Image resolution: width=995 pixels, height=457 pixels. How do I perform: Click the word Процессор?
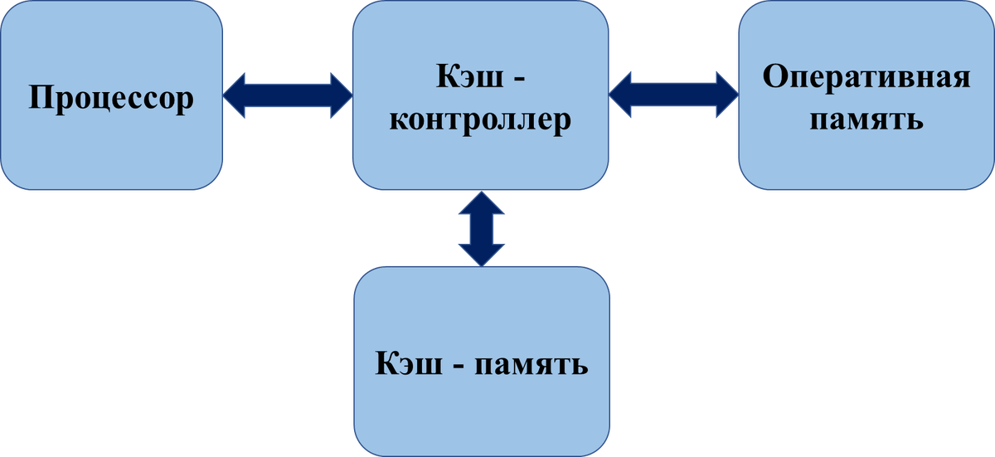tap(111, 99)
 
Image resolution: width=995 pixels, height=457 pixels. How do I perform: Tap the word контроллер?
tap(480, 120)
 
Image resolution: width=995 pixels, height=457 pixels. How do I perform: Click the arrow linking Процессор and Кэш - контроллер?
tap(287, 95)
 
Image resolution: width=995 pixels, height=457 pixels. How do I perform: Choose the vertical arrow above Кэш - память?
tap(480, 228)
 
